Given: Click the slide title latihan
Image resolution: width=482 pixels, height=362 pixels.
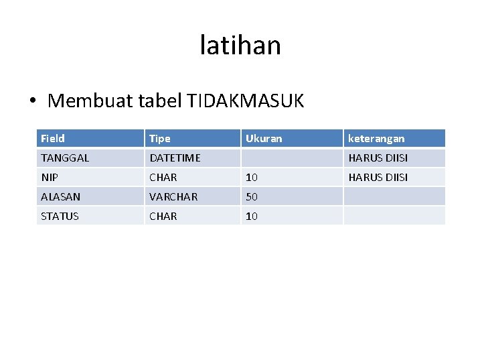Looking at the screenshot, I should click(x=240, y=46).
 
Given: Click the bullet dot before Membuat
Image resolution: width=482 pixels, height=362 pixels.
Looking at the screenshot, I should click(x=33, y=102).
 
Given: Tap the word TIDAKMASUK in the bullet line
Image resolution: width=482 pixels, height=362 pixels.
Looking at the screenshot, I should click(x=246, y=101).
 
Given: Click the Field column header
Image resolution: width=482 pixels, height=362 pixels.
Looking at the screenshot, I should click(x=53, y=139).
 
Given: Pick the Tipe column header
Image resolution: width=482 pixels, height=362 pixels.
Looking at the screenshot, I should click(x=160, y=139).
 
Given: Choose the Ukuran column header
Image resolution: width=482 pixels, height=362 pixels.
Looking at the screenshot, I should click(x=264, y=139).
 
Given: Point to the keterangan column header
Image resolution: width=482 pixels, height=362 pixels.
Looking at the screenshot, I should click(x=376, y=139).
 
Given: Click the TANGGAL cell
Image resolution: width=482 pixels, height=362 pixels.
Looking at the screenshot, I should click(x=65, y=158).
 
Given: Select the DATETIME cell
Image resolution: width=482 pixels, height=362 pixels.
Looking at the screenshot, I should click(x=175, y=158).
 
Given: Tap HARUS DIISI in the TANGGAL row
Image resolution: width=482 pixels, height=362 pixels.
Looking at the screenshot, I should click(x=378, y=158).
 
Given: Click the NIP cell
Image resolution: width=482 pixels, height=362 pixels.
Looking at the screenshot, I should click(x=50, y=178).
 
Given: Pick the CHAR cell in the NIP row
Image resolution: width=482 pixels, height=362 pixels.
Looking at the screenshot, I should click(x=163, y=178).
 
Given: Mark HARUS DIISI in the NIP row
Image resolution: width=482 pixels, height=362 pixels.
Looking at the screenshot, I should click(x=378, y=178).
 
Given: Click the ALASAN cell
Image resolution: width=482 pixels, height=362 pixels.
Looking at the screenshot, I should click(x=60, y=197).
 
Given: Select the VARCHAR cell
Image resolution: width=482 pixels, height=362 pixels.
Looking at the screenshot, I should click(x=173, y=197).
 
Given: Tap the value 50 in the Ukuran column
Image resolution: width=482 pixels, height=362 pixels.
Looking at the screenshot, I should click(x=252, y=197).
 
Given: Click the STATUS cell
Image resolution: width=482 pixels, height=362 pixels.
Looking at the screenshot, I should click(x=60, y=217).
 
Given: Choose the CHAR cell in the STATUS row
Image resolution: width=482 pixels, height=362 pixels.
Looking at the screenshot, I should click(x=163, y=217).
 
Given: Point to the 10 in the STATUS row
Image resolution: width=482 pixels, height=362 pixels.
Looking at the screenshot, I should click(x=252, y=217).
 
